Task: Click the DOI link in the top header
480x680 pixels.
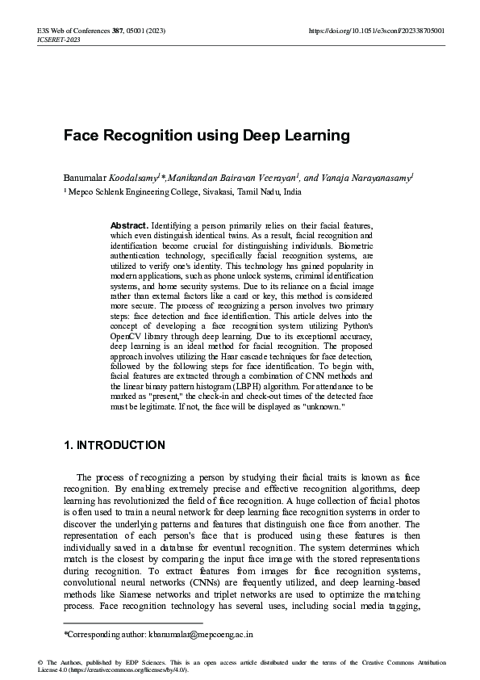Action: coord(377,30)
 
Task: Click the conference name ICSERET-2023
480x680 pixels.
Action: coord(59,38)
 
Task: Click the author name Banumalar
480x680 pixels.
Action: coord(86,178)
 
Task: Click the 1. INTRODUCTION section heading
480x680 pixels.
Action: coord(114,445)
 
